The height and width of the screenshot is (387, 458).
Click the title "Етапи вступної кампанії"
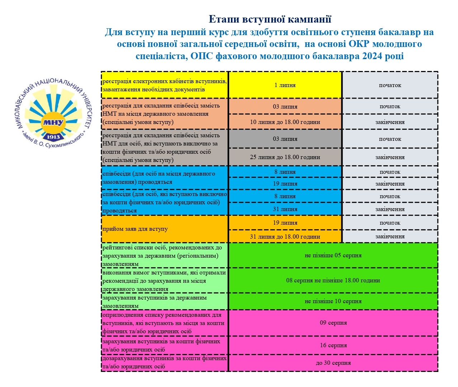point(270,19)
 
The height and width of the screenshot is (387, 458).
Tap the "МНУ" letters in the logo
point(53,123)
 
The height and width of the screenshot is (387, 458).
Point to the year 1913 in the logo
point(53,137)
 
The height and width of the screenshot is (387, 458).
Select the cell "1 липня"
point(285,85)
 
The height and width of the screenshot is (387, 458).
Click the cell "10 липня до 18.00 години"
point(285,122)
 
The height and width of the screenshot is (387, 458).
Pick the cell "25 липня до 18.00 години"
point(285,157)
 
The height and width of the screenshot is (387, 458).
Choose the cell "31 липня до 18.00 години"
point(285,236)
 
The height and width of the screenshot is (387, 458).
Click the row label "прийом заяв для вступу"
point(135,229)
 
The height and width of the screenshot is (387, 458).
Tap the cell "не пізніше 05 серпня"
point(333,255)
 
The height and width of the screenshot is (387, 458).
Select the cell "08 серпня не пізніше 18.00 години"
point(333,280)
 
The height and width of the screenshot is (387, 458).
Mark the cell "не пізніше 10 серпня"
point(333,301)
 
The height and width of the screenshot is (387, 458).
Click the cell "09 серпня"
point(333,323)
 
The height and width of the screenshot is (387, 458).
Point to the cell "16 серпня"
point(333,345)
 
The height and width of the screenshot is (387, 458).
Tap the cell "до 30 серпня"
point(333,363)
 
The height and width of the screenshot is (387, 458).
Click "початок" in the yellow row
point(390,85)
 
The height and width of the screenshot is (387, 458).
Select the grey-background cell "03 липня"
point(285,139)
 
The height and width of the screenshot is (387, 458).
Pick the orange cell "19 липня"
point(285,223)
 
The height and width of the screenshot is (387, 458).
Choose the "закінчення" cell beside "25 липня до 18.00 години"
point(390,157)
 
